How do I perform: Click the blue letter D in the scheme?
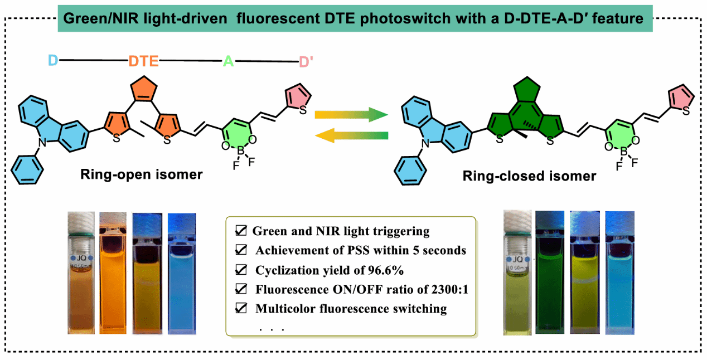point(53,60)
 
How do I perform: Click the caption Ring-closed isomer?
point(529,176)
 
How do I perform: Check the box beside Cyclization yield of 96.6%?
point(241,270)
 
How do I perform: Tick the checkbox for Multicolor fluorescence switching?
point(241,308)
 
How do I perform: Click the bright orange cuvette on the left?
point(115,273)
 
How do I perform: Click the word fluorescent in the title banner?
point(269,18)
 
